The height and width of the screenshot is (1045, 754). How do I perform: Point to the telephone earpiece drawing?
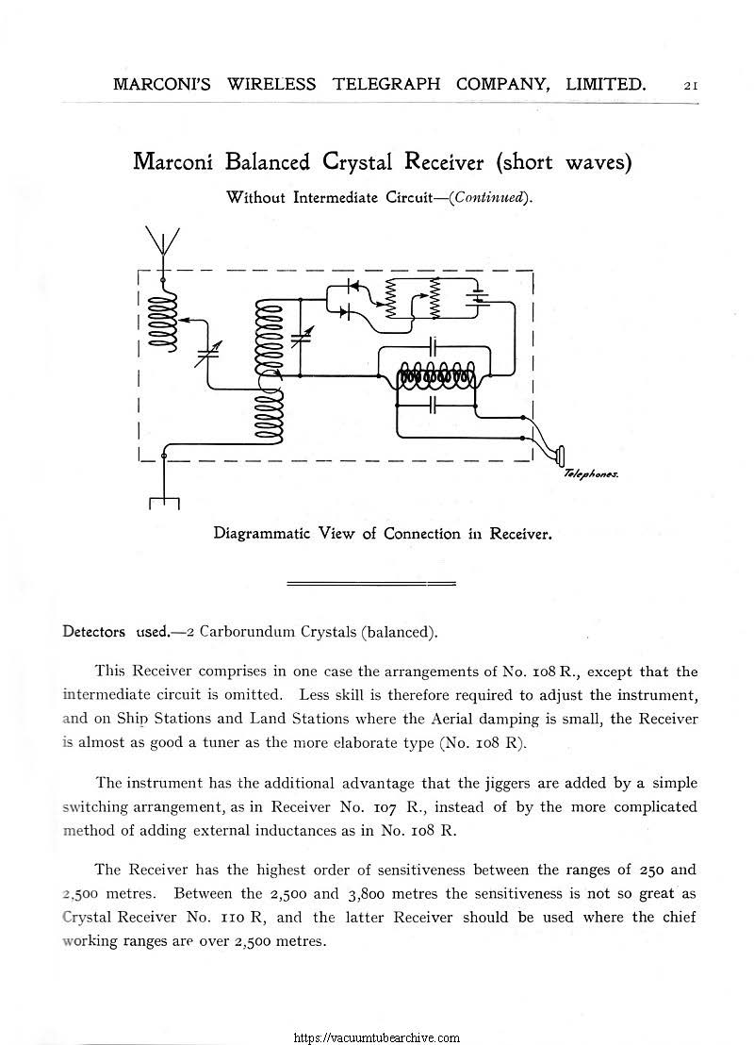561,456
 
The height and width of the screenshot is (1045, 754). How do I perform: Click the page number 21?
690,85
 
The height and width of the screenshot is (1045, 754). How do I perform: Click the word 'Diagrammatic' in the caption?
268,533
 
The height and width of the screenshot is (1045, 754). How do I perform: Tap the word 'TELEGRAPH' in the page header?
386,84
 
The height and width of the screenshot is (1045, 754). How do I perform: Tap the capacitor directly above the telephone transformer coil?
434,345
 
